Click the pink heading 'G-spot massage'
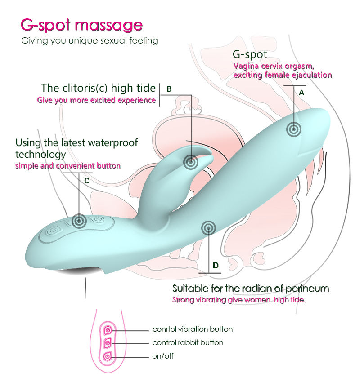[81, 25]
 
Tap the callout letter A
[301, 93]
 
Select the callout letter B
[169, 89]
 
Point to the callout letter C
[86, 181]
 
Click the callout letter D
[216, 265]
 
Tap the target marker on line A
[294, 129]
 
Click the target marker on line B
[191, 162]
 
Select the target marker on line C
[79, 221]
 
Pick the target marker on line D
[208, 228]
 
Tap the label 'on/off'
[163, 356]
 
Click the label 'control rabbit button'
[188, 342]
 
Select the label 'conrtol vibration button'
[193, 329]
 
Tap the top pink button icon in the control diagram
[108, 330]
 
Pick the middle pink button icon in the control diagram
[108, 343]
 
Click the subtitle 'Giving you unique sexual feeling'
[90, 41]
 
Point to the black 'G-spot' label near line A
[250, 54]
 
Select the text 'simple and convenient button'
[68, 166]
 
